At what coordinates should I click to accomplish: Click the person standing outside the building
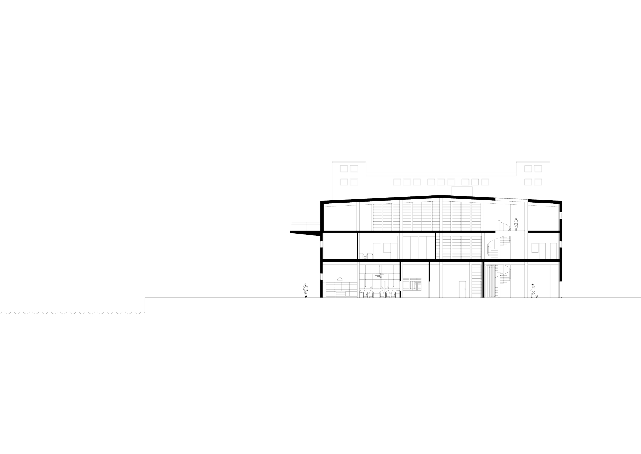point(306,290)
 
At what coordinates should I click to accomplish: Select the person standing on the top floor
point(516,224)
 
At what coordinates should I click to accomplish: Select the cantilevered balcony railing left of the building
point(305,226)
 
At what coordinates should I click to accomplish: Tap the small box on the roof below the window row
point(462,191)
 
